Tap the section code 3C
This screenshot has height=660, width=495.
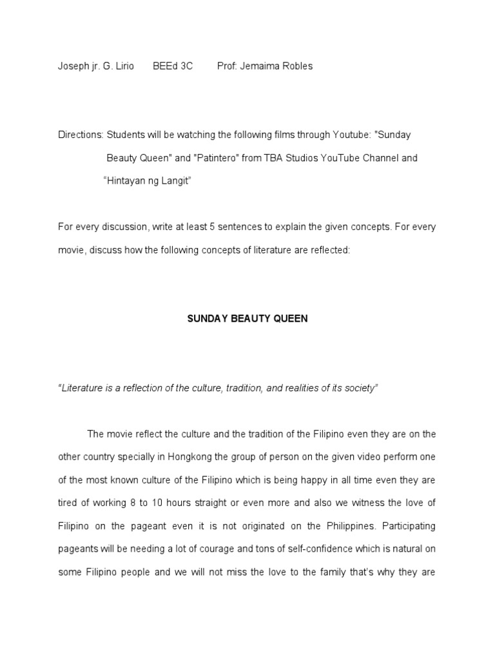point(186,66)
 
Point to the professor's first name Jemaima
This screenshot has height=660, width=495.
point(263,66)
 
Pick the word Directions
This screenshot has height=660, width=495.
point(81,135)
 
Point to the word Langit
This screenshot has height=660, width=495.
point(177,181)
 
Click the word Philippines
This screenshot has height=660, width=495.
point(350,526)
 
